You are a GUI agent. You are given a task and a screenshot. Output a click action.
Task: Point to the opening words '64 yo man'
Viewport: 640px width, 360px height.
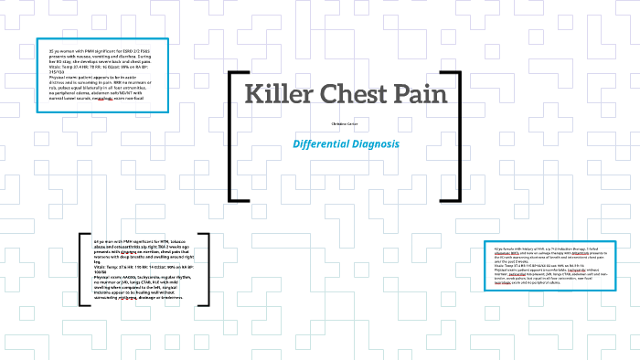(107, 241)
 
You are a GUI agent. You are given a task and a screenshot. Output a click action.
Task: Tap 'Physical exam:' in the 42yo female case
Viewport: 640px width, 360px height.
(507, 271)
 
